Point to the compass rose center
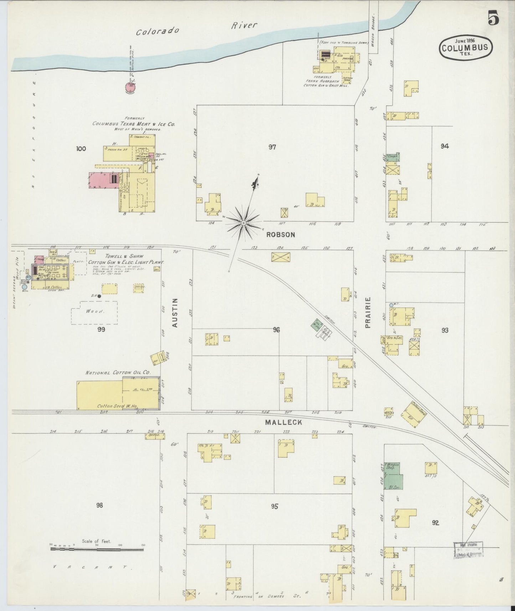click(x=243, y=223)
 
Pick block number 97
click(x=272, y=147)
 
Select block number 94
click(x=444, y=146)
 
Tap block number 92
click(x=435, y=523)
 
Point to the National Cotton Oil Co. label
click(x=118, y=373)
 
